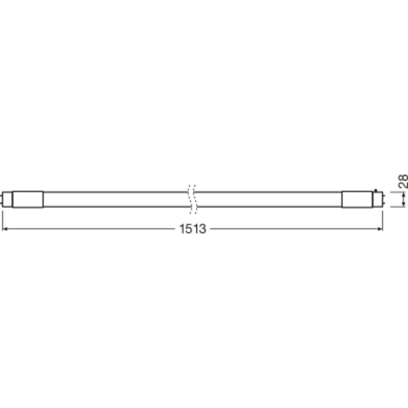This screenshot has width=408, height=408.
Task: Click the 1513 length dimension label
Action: (193, 229)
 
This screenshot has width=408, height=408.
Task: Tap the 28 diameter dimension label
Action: (403, 181)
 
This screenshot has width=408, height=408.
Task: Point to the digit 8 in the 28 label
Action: (403, 178)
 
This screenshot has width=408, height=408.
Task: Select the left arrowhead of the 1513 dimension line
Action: (4, 229)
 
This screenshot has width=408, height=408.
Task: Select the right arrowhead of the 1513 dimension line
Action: (381, 229)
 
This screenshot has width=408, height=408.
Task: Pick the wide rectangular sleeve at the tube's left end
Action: (28, 200)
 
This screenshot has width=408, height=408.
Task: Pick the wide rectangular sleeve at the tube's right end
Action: (357, 200)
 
